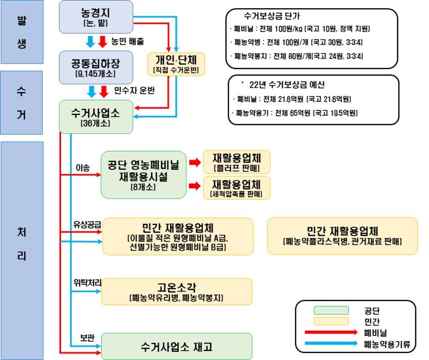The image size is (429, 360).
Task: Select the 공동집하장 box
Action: pos(96,66)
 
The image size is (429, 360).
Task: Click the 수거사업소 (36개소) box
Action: pos(96,116)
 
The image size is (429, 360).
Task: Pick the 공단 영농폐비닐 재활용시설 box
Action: pos(144,174)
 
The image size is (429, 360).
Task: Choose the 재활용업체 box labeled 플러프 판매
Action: pos(236,161)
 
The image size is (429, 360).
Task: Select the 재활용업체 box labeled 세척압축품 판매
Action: pos(236,188)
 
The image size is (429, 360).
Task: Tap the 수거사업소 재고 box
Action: pos(177,346)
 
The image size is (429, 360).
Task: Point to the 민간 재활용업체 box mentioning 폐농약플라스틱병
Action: pos(342,235)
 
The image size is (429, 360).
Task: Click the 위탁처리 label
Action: pos(87,283)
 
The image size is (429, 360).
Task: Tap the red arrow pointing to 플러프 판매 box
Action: pos(194,162)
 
